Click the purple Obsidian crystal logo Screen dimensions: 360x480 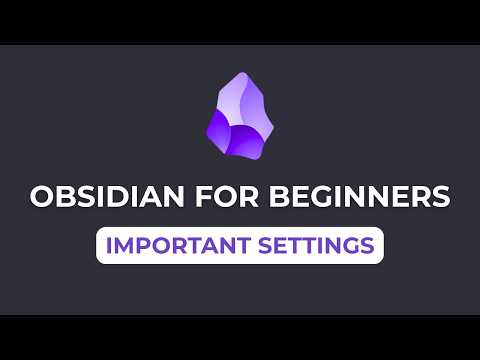pyautogui.click(x=239, y=118)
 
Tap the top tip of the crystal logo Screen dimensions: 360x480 pyautogui.click(x=237, y=76)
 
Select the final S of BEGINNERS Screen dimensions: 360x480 pyautogui.click(x=439, y=196)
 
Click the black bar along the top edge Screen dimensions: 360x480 pyautogui.click(x=240, y=21)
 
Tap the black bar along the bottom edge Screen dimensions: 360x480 pyautogui.click(x=240, y=337)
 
